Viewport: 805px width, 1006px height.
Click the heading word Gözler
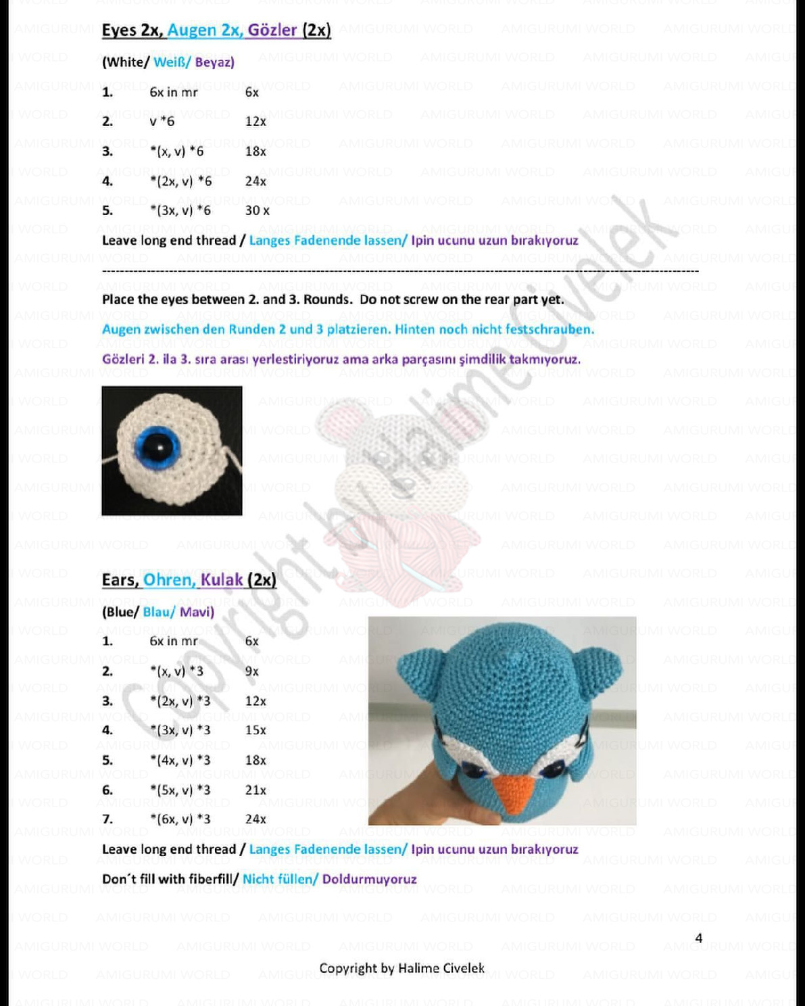click(x=272, y=30)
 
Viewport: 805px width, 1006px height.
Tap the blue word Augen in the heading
click(x=192, y=30)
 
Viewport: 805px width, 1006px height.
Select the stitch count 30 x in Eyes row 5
click(x=257, y=210)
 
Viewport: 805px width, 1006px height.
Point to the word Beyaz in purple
click(x=215, y=62)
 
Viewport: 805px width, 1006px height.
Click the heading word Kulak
click(x=222, y=580)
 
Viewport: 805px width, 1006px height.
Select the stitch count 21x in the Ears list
click(x=255, y=790)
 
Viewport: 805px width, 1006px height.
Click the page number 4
click(x=699, y=938)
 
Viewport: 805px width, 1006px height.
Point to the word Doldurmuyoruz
click(x=369, y=879)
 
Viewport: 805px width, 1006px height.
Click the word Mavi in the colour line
click(x=197, y=612)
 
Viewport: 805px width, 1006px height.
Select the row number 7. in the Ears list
click(x=107, y=819)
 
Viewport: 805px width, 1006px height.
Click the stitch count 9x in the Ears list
click(x=251, y=671)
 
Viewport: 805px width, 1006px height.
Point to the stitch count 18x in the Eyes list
click(x=255, y=151)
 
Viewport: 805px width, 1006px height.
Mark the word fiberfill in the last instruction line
click(x=209, y=879)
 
